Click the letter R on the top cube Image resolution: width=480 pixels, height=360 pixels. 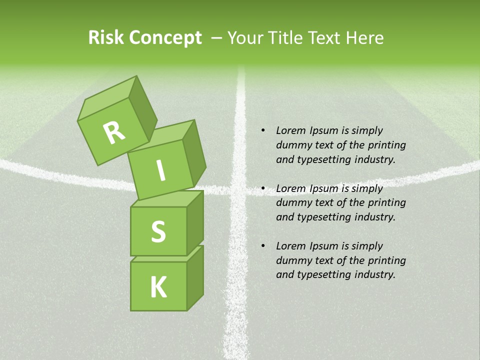114,133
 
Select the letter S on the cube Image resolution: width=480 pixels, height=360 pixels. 158,231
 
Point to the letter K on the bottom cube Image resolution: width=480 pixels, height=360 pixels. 158,287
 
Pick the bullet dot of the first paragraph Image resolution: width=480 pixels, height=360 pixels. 263,130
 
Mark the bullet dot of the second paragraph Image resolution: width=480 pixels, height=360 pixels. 263,188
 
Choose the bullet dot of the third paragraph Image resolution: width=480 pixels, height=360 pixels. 263,246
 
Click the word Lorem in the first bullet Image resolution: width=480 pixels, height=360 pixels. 290,130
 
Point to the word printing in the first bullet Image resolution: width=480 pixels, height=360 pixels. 386,145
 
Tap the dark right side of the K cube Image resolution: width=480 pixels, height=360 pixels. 195,277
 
